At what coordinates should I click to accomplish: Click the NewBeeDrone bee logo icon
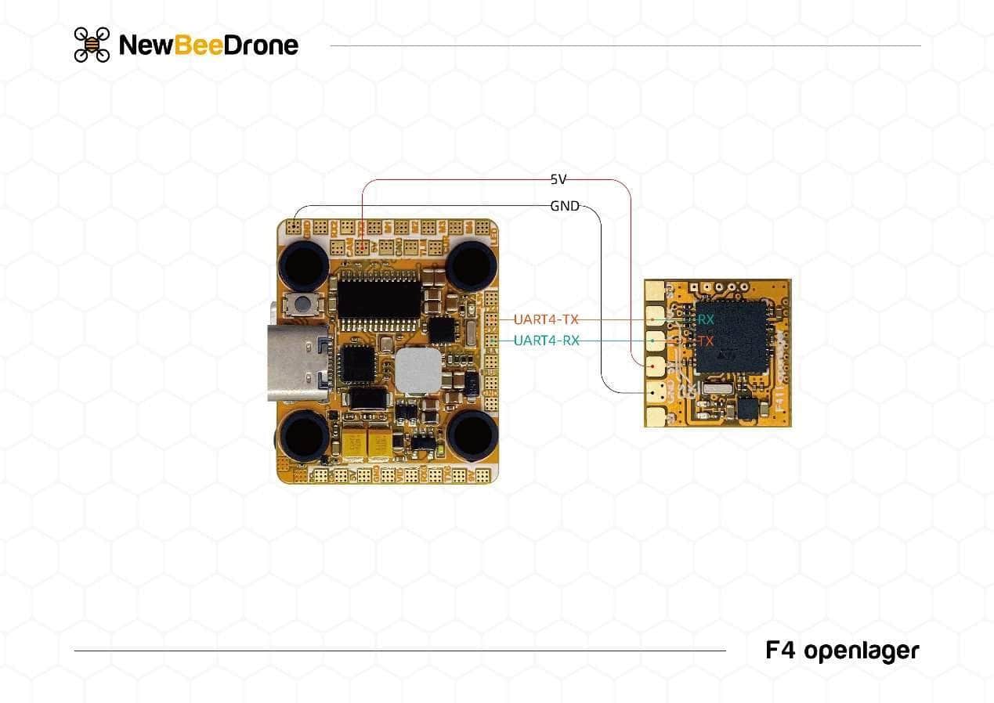point(92,45)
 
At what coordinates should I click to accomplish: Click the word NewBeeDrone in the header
point(208,45)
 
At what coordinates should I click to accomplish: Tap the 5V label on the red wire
point(558,179)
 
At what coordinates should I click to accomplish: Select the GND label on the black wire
point(564,206)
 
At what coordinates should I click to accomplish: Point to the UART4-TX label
point(547,319)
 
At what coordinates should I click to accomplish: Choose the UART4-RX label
point(547,341)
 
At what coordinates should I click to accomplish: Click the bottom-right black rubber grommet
point(472,435)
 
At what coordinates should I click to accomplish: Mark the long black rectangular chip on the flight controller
point(379,299)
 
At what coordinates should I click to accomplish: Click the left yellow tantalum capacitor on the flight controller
point(355,445)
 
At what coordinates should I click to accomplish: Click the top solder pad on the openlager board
point(655,291)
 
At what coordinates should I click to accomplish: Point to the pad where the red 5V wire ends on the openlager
point(655,365)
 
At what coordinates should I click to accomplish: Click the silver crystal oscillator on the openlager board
point(717,389)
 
